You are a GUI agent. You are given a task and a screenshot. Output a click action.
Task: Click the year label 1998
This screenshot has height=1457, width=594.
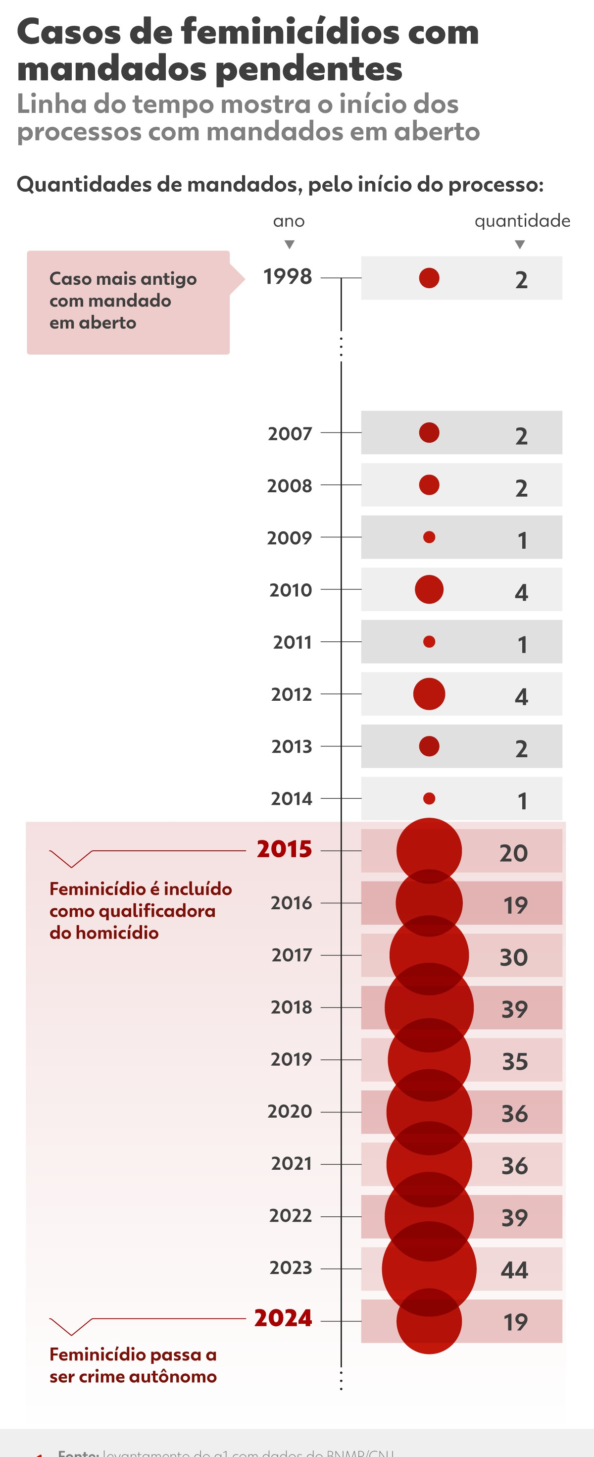tap(287, 276)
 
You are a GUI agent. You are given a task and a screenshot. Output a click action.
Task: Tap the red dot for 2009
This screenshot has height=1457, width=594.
tap(429, 537)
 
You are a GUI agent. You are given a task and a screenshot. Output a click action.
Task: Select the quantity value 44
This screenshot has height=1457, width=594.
tap(514, 1270)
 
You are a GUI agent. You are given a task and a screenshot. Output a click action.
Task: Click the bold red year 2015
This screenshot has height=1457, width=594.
tap(284, 849)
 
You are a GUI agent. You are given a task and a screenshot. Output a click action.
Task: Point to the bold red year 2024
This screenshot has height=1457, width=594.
tap(283, 1318)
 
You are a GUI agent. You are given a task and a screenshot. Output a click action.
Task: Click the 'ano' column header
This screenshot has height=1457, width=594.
tap(289, 221)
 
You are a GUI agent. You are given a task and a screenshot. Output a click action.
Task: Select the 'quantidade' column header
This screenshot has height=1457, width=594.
tap(522, 221)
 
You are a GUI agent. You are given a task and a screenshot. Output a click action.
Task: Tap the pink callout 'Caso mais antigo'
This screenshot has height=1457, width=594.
tap(128, 302)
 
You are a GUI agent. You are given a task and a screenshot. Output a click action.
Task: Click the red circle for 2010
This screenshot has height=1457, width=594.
tap(429, 589)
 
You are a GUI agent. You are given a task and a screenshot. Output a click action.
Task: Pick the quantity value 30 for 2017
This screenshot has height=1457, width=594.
tap(514, 957)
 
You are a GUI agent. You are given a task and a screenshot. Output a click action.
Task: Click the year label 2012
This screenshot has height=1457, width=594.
tap(291, 694)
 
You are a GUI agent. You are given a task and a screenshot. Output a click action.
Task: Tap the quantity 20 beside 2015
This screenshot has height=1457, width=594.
tap(513, 853)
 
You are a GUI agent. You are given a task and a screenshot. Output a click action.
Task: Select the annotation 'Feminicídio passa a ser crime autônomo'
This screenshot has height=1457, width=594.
tap(133, 1365)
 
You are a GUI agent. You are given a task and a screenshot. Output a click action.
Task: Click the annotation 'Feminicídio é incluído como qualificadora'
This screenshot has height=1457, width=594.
tap(140, 911)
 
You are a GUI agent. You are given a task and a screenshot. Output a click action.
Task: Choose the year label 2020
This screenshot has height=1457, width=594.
tap(290, 1111)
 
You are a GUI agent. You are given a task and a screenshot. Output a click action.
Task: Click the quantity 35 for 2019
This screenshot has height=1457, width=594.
tap(515, 1062)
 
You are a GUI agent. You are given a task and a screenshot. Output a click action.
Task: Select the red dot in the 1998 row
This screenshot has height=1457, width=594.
tap(429, 278)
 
